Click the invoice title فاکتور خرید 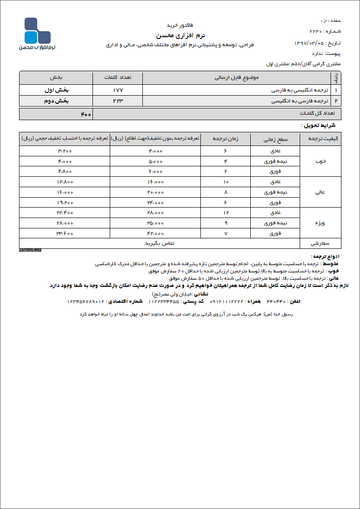(180, 25)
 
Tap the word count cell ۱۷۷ (117, 90)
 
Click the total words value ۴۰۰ (86, 114)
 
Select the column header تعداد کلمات (117, 78)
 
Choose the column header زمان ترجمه (225, 139)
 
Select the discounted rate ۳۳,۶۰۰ (65, 233)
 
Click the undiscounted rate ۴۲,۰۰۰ (155, 233)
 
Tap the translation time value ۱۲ (225, 213)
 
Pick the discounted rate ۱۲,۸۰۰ (65, 182)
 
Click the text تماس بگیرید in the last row (160, 243)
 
